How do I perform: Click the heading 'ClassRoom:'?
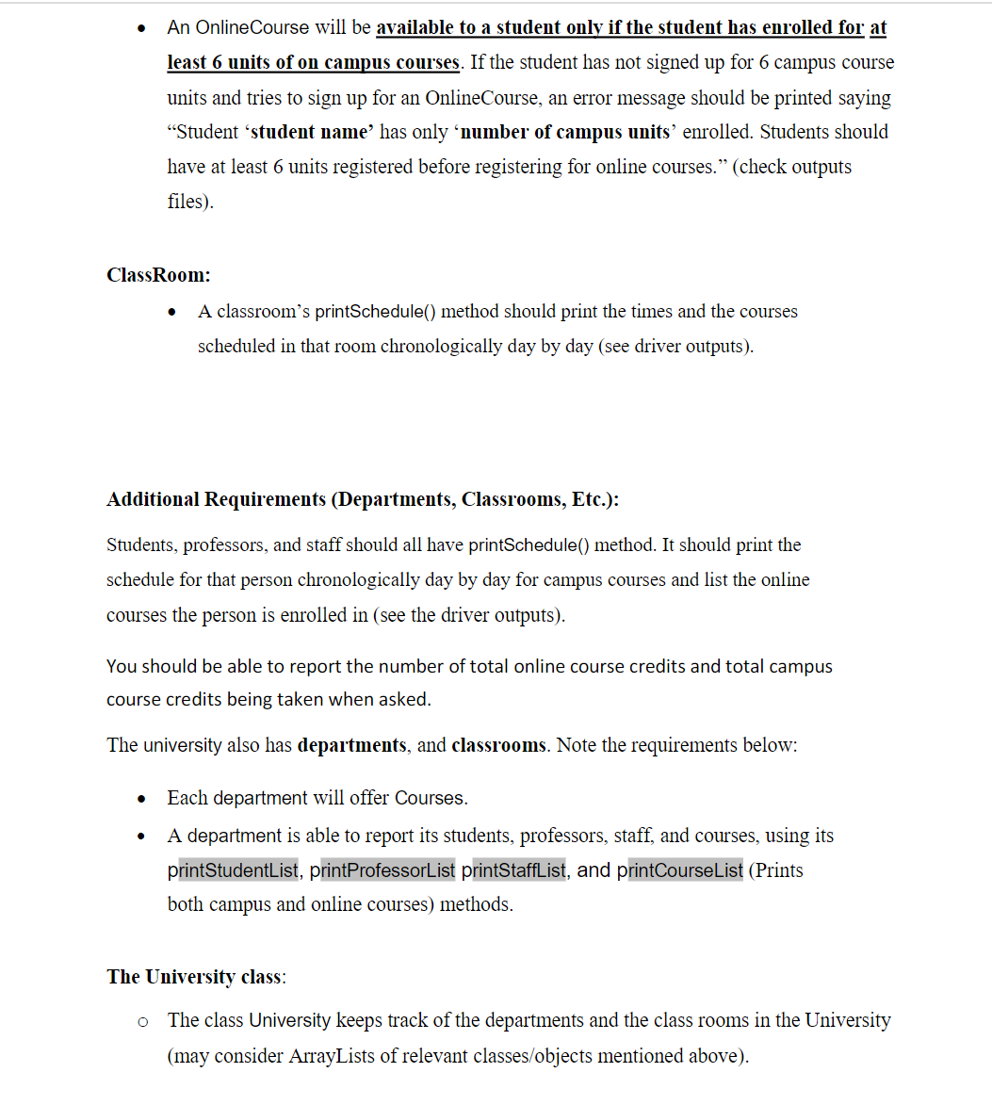158,275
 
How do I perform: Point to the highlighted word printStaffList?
513,870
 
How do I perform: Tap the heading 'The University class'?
195,977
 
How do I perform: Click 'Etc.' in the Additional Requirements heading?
591,499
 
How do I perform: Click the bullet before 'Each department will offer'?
141,799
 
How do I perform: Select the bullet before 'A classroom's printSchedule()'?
171,312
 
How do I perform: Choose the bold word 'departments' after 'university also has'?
351,745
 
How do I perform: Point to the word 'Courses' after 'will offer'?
430,798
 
